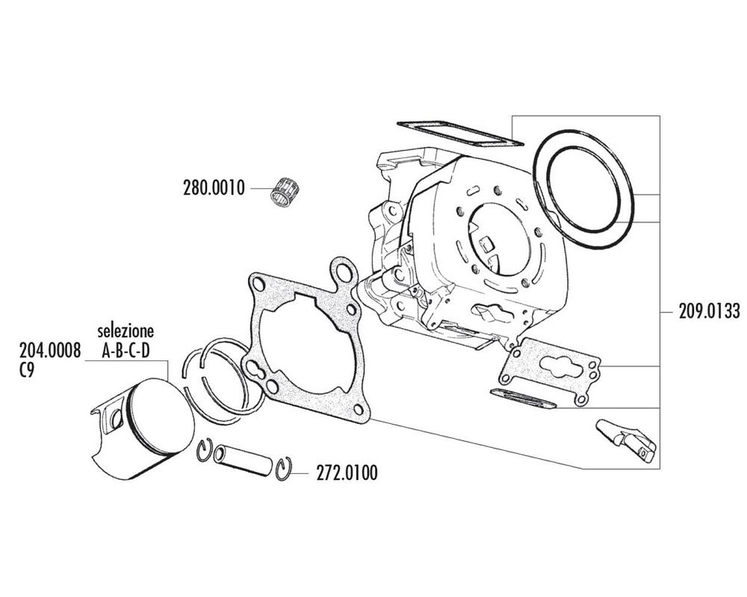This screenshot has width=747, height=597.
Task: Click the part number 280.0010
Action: point(214,189)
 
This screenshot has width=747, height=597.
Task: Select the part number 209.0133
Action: point(709,311)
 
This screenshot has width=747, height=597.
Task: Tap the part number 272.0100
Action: point(347,473)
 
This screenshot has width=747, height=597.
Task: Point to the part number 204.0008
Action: point(50,350)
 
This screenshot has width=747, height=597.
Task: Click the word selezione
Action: point(125,331)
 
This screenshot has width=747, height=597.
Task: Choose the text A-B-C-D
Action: point(125,351)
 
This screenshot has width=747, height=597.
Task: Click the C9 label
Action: point(27,371)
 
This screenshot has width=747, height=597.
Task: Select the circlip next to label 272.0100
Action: point(284,469)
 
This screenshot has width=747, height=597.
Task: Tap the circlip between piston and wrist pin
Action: point(204,450)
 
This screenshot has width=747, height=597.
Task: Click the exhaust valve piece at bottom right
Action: point(626,441)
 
